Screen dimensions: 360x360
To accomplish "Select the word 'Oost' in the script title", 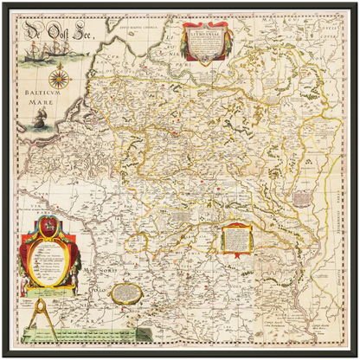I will click(x=59, y=35).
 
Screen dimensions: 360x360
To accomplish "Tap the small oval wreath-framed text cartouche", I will click(x=127, y=291).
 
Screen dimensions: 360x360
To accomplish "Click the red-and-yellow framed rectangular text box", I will click(x=235, y=238).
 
